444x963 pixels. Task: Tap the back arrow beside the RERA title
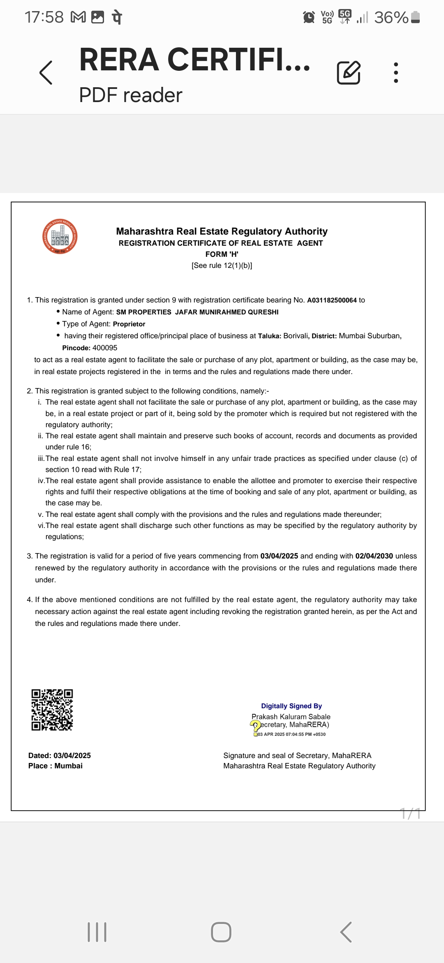click(x=46, y=73)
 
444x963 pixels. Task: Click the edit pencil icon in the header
click(x=349, y=73)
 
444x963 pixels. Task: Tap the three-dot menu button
click(x=396, y=73)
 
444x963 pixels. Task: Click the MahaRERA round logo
click(x=60, y=237)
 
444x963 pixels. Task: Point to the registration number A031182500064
click(x=332, y=300)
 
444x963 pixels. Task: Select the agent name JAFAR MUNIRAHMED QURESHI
click(x=227, y=312)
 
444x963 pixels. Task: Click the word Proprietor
click(x=129, y=324)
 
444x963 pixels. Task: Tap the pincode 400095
click(x=105, y=348)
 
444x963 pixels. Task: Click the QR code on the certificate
click(x=52, y=710)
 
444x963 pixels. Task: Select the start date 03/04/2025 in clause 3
click(x=279, y=556)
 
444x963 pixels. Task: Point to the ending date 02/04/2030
click(x=374, y=556)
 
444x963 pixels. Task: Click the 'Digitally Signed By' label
click(x=291, y=706)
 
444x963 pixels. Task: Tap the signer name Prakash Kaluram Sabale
click(x=291, y=717)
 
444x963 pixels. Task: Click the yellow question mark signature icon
click(x=255, y=726)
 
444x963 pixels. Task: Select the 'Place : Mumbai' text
click(x=55, y=766)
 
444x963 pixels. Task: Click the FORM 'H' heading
click(x=222, y=254)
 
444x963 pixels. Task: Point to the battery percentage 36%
click(x=391, y=18)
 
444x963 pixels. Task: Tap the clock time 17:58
click(x=44, y=17)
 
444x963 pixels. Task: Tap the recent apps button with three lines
click(x=97, y=932)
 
